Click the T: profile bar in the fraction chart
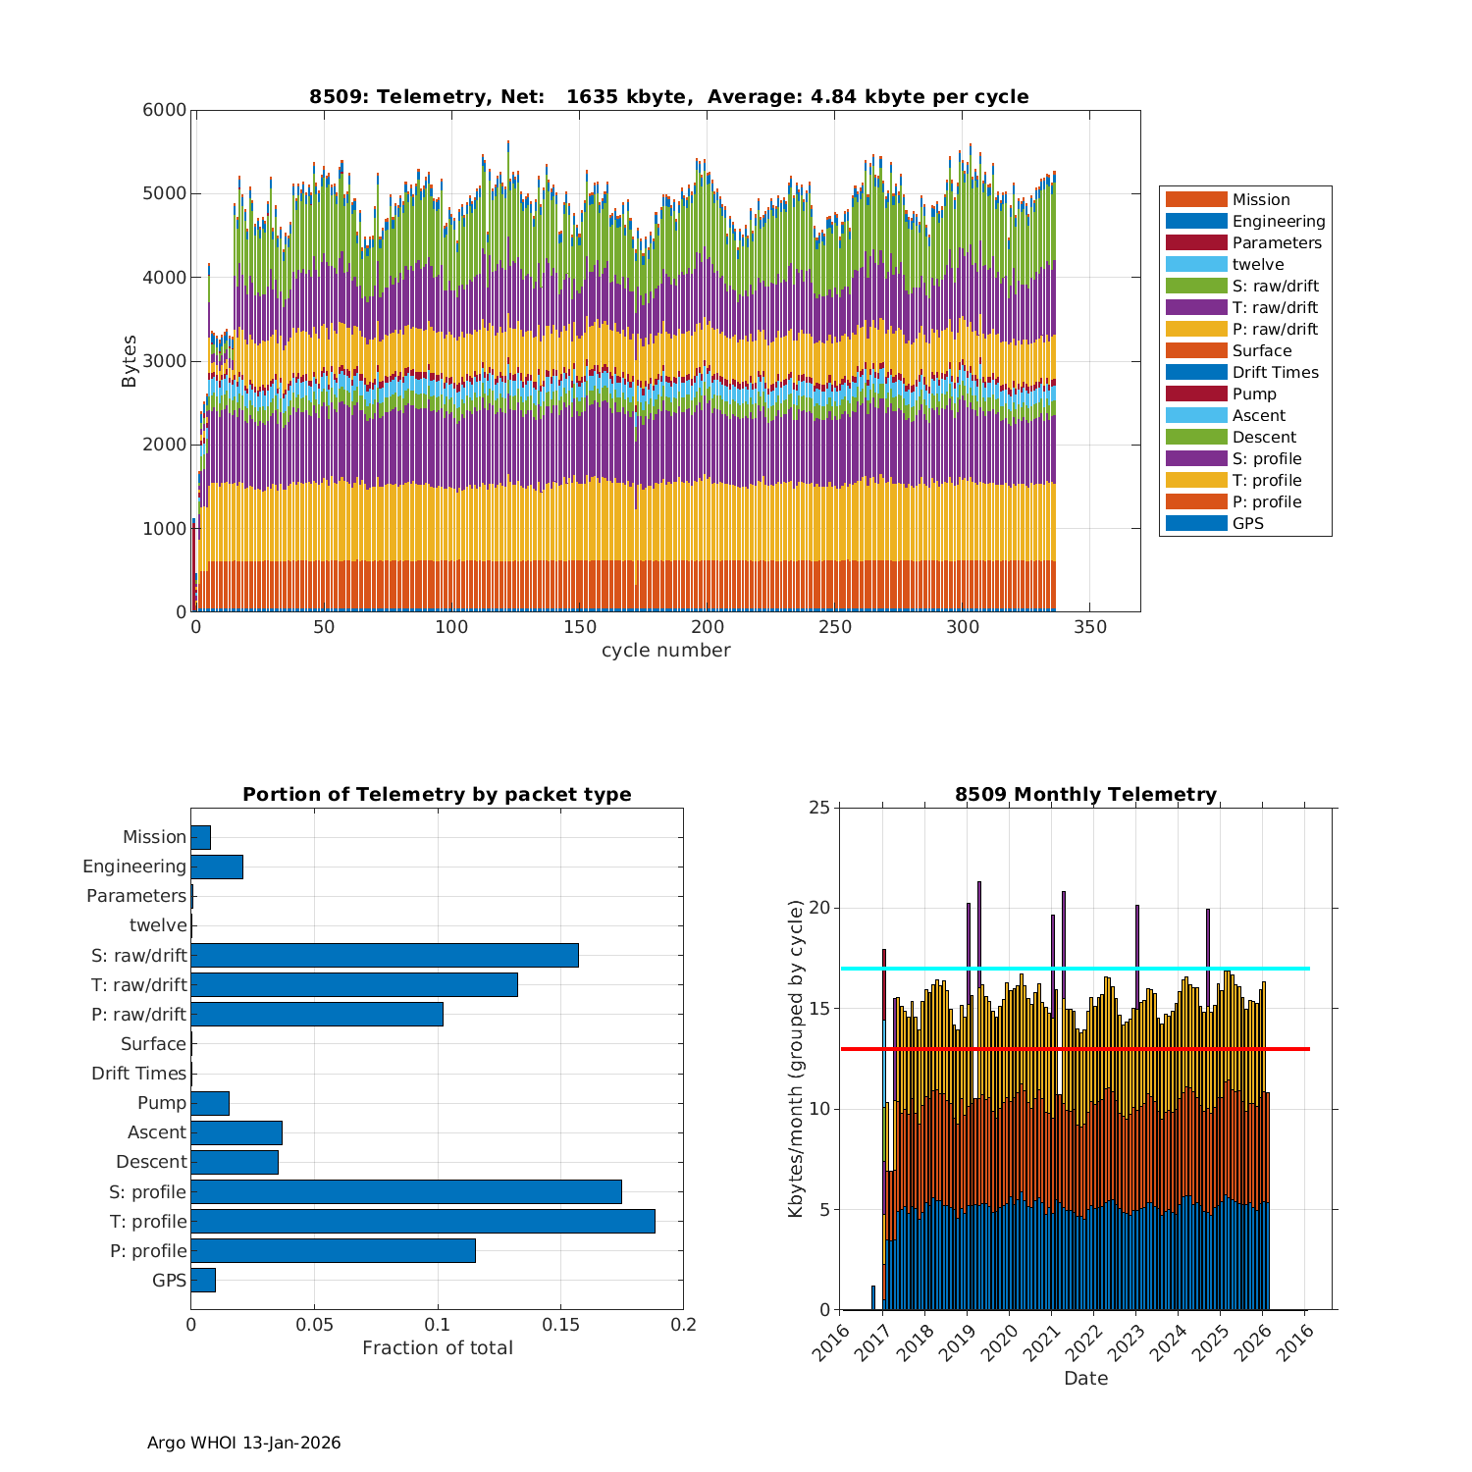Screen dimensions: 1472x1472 [422, 1221]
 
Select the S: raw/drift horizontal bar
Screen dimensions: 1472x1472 [384, 955]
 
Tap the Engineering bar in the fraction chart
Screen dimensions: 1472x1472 [216, 867]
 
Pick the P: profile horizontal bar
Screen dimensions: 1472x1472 [333, 1250]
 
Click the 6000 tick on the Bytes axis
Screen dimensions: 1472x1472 [164, 110]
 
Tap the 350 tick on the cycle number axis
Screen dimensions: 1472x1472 [1090, 627]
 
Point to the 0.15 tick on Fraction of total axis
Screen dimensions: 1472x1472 [560, 1324]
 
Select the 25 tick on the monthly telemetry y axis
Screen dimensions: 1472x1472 [818, 808]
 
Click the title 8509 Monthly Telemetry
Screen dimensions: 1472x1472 [1085, 794]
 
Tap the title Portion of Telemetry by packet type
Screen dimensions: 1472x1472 [437, 794]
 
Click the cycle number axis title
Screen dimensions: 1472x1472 [665, 651]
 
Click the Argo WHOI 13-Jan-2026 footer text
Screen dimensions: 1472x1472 [243, 1443]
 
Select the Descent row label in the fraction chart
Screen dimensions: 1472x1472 [151, 1162]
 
